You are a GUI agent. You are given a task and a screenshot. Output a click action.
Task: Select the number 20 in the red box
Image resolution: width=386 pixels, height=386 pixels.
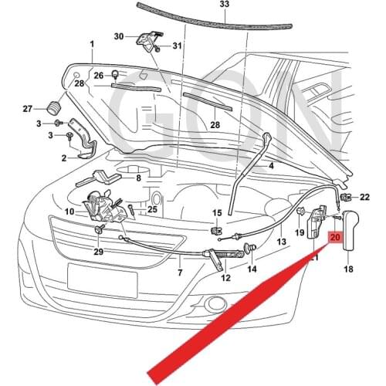335,239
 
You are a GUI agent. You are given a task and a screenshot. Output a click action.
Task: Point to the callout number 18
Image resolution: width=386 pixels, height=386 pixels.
348,269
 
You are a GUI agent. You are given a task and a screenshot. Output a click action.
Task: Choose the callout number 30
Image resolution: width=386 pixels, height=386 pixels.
119,36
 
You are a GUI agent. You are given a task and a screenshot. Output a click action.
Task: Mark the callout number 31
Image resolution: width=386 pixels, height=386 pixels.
177,46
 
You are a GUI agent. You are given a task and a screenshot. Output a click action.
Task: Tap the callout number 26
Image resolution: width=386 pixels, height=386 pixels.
98,75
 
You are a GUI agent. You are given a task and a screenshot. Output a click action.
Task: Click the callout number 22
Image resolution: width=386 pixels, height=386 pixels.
365,198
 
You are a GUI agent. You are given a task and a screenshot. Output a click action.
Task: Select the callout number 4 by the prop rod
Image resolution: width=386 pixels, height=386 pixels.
271,166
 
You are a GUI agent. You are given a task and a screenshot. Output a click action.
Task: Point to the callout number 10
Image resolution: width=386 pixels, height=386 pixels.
69,211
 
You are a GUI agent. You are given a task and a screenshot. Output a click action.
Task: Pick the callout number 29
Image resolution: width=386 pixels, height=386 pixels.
98,252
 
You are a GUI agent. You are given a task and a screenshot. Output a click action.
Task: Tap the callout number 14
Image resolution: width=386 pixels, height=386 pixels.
252,269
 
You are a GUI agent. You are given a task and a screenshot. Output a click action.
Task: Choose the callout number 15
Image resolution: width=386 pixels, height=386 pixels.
217,213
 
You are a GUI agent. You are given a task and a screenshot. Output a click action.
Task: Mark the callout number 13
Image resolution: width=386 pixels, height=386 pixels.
281,242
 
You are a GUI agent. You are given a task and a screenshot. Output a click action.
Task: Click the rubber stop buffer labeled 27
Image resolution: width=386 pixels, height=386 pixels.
55,107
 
